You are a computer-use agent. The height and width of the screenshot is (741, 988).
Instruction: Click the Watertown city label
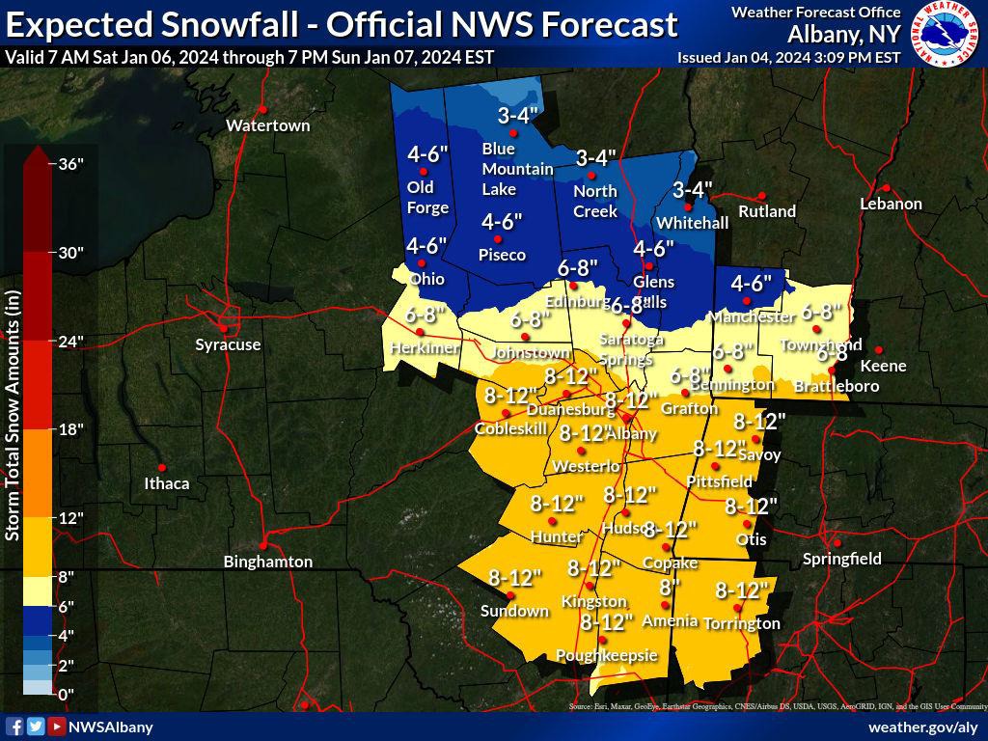(x=267, y=125)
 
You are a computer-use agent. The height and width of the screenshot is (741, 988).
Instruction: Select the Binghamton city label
(x=267, y=562)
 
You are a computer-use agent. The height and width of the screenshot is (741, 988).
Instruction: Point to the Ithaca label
(x=166, y=483)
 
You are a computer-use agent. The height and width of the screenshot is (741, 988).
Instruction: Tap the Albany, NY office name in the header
(x=843, y=34)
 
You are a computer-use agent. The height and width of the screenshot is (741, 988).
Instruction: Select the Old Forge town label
(x=427, y=197)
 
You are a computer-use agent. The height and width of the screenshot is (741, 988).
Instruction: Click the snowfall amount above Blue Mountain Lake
(x=517, y=117)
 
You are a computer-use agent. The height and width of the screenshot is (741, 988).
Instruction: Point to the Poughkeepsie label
(x=606, y=656)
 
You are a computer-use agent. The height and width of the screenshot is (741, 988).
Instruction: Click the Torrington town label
(x=741, y=623)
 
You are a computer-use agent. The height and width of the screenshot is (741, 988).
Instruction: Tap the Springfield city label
(x=842, y=559)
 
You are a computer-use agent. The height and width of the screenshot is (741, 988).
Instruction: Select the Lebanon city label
(x=891, y=204)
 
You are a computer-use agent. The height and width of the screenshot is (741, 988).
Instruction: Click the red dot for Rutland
(x=761, y=196)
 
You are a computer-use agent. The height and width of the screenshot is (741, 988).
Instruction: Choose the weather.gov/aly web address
(x=923, y=727)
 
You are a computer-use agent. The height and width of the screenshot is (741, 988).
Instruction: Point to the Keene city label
(x=883, y=366)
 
